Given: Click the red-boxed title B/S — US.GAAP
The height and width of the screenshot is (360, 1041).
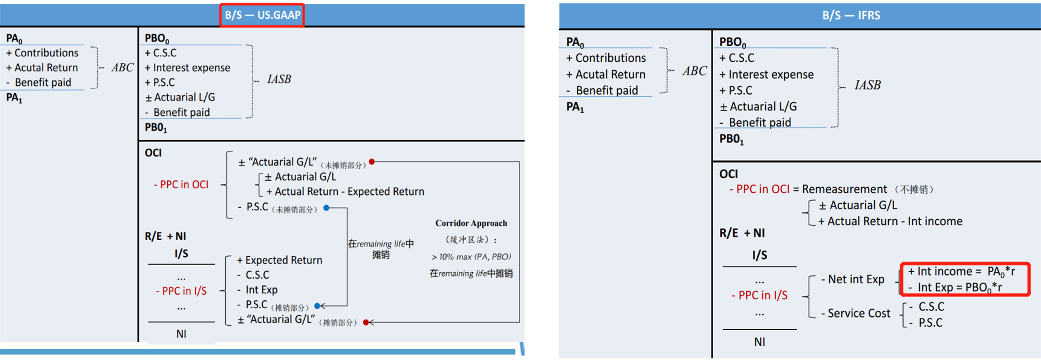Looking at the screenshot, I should [x=262, y=15].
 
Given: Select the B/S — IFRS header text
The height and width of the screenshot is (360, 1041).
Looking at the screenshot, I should [x=851, y=15].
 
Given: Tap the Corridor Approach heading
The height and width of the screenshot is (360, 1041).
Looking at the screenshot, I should [x=471, y=223].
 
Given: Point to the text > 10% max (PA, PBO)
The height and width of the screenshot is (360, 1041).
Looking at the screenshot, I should [x=471, y=257].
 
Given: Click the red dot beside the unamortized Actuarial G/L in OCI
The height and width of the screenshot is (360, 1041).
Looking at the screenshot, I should [x=372, y=162].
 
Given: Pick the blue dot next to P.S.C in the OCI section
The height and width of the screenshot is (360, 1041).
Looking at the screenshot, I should [x=326, y=208].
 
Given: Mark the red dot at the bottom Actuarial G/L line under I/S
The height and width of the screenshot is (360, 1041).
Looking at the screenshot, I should [x=365, y=322].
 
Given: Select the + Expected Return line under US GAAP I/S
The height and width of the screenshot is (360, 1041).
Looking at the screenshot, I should [x=279, y=260].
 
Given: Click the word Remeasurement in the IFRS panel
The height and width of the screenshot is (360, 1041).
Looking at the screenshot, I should [x=844, y=189].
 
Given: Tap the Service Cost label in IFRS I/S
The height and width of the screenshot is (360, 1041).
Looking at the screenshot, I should [x=858, y=313].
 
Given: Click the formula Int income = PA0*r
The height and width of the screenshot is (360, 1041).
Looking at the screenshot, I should [x=961, y=272].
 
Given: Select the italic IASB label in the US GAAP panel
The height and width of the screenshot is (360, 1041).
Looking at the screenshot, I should [x=279, y=79].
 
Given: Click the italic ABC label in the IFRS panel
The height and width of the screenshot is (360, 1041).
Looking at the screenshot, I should [x=694, y=71].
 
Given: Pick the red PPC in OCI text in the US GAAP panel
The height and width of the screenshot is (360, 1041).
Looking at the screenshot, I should [x=181, y=184].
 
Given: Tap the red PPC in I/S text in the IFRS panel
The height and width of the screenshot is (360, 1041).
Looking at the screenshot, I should [x=759, y=295].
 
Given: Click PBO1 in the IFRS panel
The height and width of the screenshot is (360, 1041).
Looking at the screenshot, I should [x=731, y=139].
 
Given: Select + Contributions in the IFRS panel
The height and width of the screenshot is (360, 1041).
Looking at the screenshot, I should [x=606, y=58].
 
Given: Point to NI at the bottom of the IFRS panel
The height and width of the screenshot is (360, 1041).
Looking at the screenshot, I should [x=759, y=342].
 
